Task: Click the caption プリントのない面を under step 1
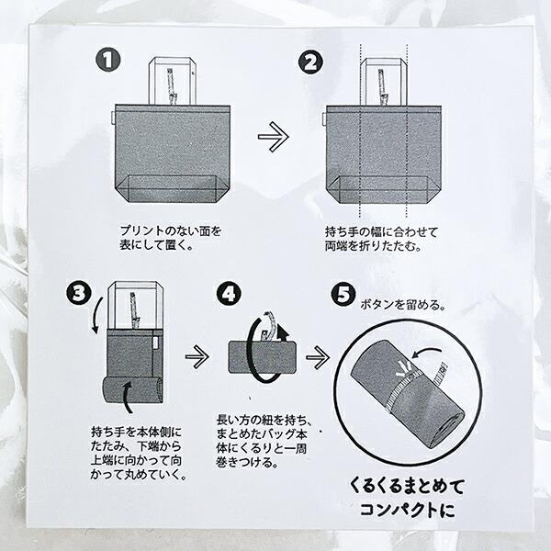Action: click(170, 230)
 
